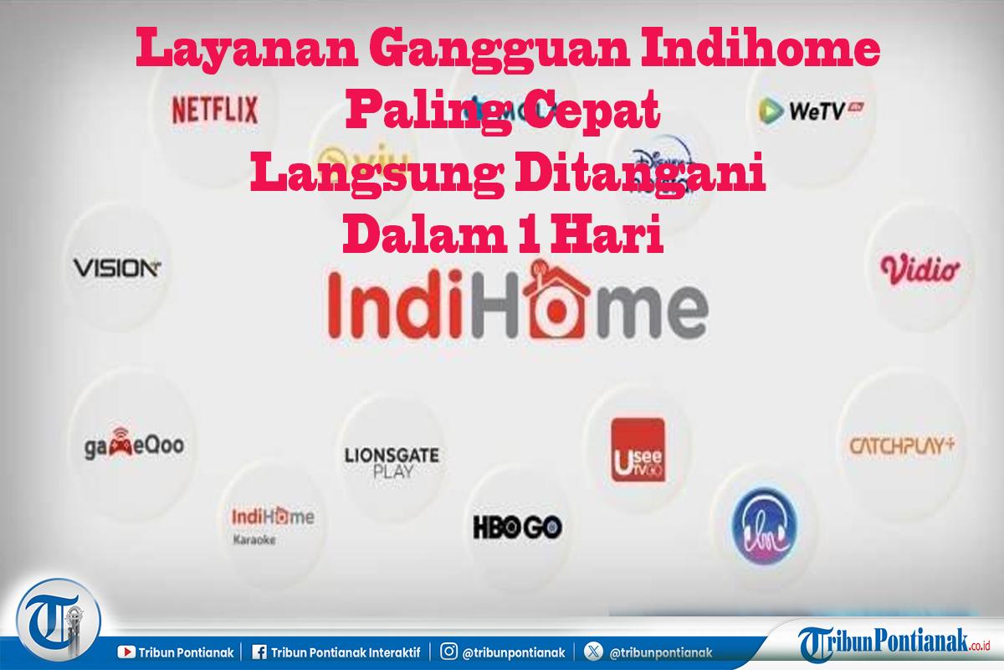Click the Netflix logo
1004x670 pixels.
[214, 109]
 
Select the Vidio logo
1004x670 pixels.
[920, 270]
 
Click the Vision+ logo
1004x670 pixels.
[116, 268]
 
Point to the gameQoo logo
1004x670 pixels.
[128, 445]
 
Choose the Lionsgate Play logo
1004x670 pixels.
[392, 461]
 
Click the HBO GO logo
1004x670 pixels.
[517, 527]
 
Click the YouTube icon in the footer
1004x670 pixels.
[127, 651]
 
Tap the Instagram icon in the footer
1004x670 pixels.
[449, 651]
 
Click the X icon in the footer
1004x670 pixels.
[594, 651]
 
